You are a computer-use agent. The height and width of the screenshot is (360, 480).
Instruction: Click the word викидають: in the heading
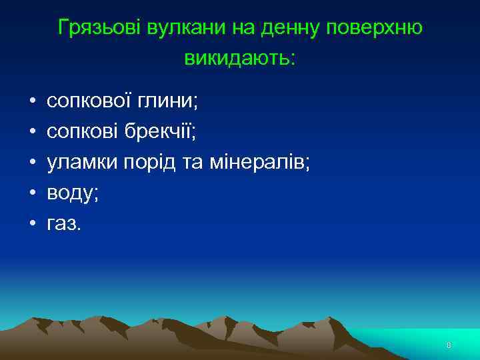click(239, 58)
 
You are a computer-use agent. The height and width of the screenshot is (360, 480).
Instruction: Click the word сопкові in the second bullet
click(83, 131)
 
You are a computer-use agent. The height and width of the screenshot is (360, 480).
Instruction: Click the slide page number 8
click(449, 345)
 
